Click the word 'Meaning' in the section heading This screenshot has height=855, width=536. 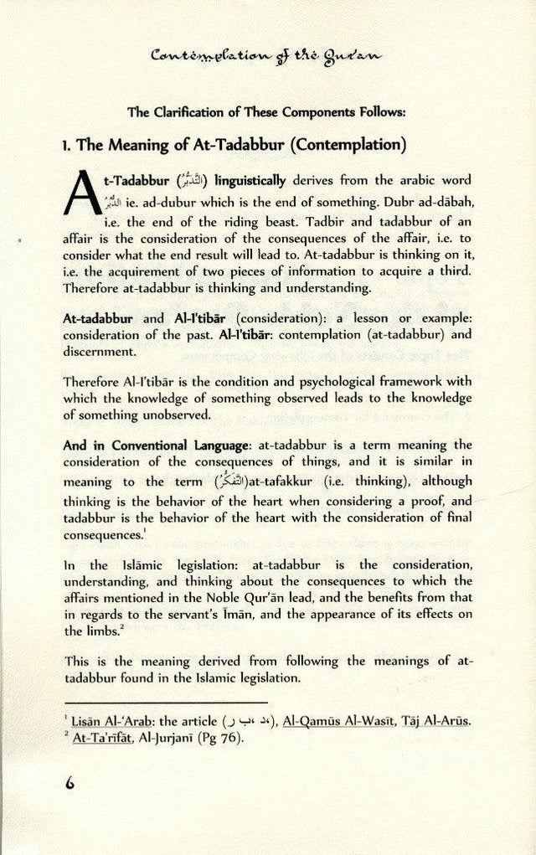click(147, 145)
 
